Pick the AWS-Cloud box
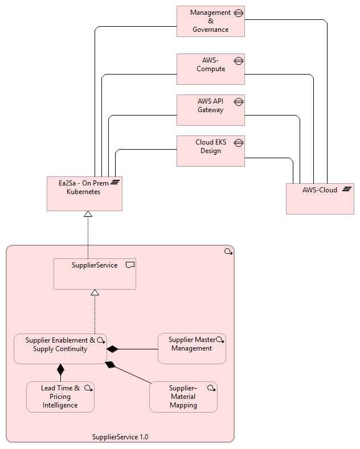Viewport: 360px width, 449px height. (x=320, y=199)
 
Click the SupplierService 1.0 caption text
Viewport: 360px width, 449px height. (x=120, y=437)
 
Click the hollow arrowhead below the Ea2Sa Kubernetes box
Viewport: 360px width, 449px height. (x=88, y=214)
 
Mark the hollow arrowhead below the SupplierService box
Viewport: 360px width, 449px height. (x=95, y=293)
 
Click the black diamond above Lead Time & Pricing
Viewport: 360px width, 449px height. (x=60, y=369)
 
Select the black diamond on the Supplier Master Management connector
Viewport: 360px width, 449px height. (x=112, y=348)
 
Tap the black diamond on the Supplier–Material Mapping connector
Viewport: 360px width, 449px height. (x=111, y=365)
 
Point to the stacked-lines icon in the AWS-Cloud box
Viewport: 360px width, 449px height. (x=346, y=190)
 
